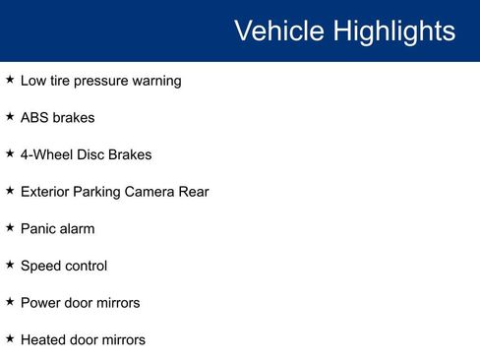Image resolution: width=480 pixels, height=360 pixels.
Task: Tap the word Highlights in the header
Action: click(x=393, y=30)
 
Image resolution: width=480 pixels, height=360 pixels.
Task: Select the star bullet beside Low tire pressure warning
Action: click(x=10, y=80)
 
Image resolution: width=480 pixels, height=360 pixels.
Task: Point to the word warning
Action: click(x=155, y=81)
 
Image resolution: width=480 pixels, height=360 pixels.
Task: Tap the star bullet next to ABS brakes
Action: click(x=10, y=117)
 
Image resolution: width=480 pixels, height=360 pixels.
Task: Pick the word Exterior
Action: click(x=45, y=192)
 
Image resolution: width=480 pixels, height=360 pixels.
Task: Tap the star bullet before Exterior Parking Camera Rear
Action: click(x=10, y=191)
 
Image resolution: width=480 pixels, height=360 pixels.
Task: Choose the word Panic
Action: click(x=39, y=229)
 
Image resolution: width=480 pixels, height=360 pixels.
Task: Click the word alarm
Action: click(x=79, y=229)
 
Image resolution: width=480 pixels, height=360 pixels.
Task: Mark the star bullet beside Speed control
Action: click(x=10, y=265)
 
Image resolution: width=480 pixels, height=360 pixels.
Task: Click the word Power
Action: click(x=41, y=303)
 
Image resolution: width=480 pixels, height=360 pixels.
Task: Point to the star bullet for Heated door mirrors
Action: click(x=10, y=338)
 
